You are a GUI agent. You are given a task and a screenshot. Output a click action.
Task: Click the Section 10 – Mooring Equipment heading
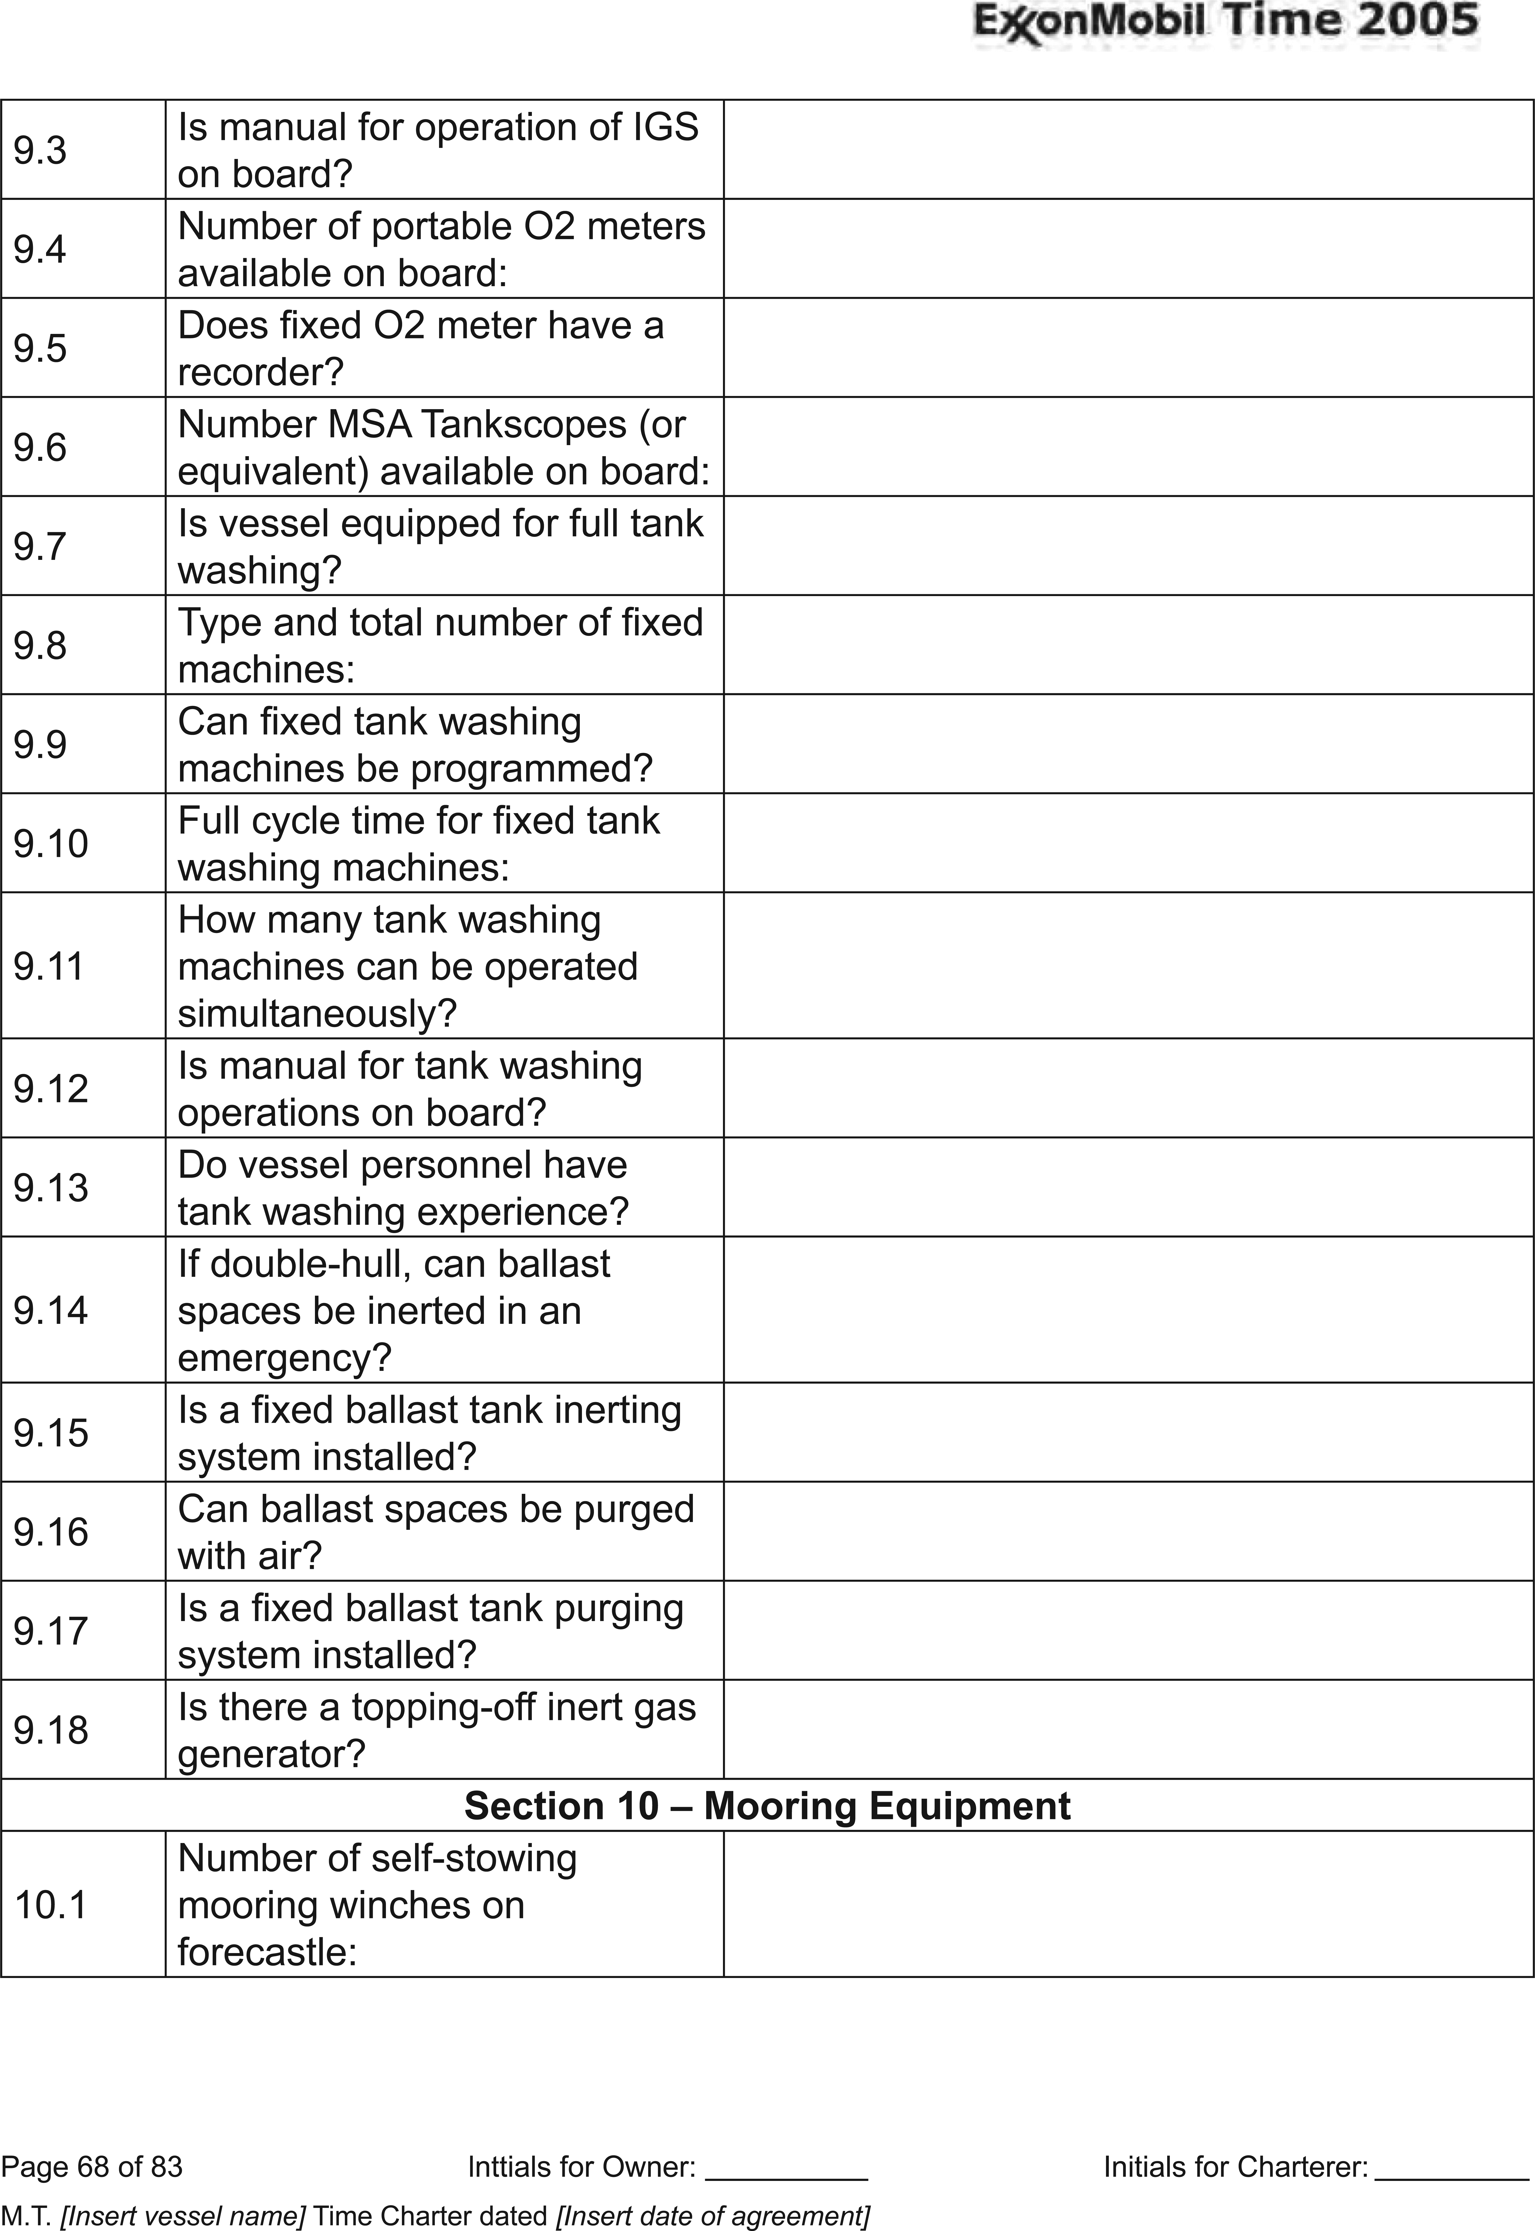coord(766,1805)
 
